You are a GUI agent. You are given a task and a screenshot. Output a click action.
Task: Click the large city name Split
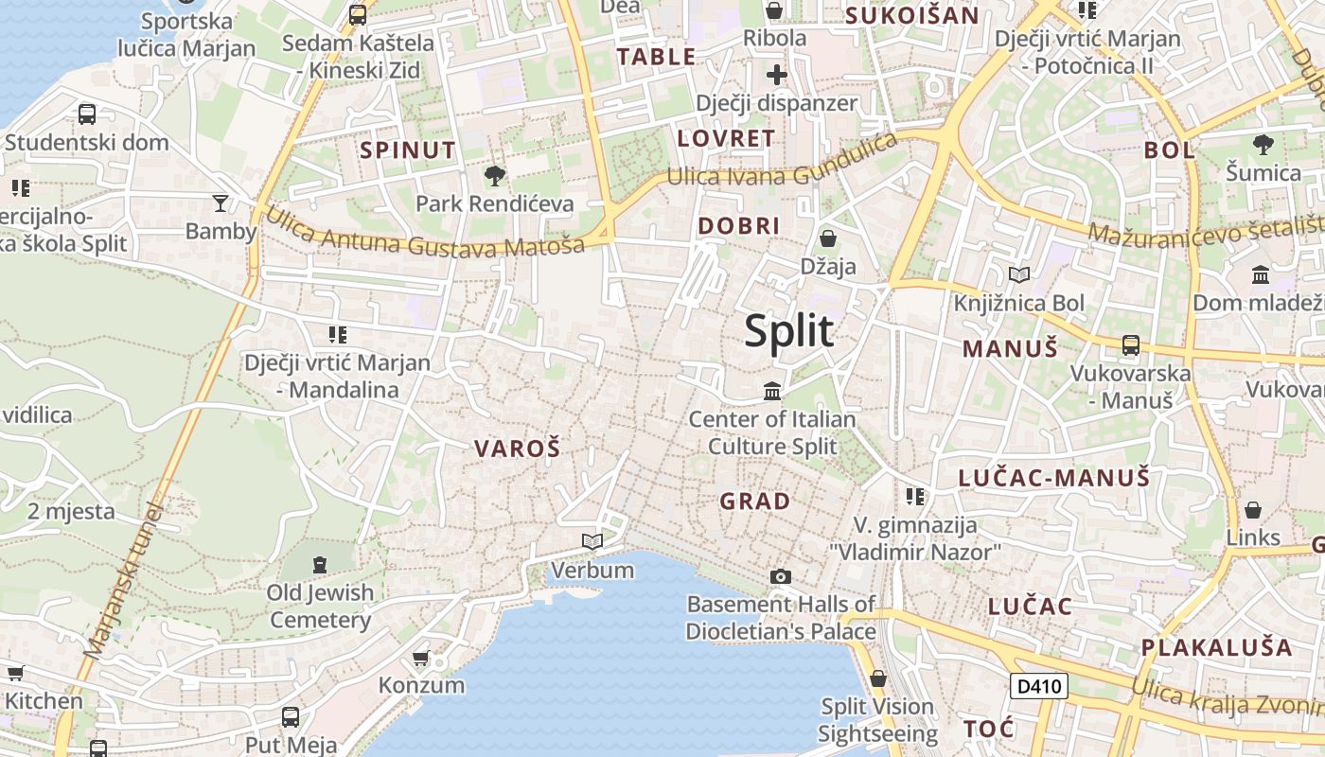click(788, 331)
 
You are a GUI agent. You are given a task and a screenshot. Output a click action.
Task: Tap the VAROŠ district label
click(517, 449)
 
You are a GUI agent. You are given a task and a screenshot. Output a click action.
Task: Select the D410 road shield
click(1038, 686)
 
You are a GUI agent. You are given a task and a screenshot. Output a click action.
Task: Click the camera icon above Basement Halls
click(781, 576)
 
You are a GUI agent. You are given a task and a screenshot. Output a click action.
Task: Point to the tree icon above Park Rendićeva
click(494, 175)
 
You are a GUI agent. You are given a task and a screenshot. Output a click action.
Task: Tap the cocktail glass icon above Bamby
click(221, 202)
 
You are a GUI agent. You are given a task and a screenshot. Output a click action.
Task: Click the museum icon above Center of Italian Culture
click(772, 390)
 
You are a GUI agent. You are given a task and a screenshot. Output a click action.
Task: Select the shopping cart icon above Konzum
click(421, 657)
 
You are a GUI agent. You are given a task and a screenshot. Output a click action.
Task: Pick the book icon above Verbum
click(592, 541)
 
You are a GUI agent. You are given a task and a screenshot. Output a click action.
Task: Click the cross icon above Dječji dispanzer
click(776, 75)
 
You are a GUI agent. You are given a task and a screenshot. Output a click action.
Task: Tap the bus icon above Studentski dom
click(87, 114)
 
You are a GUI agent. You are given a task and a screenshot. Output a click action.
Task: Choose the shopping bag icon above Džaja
click(828, 238)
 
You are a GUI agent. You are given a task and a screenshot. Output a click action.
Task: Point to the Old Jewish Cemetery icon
click(320, 565)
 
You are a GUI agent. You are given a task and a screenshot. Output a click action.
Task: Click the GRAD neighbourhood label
click(755, 502)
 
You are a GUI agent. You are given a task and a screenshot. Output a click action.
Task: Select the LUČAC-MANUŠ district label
click(1053, 478)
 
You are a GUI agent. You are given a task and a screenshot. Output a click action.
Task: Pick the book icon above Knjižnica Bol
click(1019, 275)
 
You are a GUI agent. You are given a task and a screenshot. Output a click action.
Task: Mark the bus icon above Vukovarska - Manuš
click(1131, 344)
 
